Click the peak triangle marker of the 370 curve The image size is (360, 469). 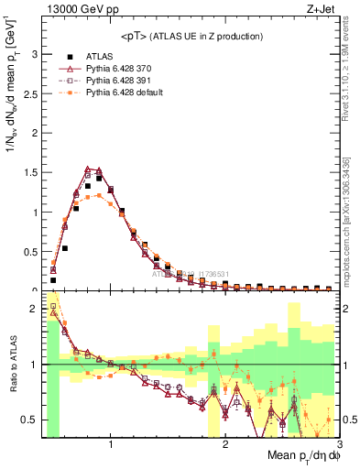pyautogui.click(x=87, y=169)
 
